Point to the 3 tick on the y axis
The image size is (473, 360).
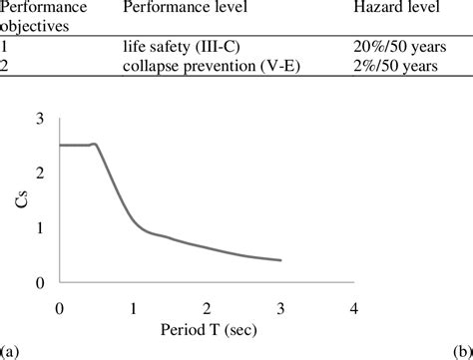[x=40, y=118]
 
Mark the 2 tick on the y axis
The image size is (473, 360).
[x=40, y=173]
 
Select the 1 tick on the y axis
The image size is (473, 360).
[x=40, y=227]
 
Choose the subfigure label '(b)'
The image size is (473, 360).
[x=463, y=351]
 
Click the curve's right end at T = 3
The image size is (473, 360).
[x=280, y=260]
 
